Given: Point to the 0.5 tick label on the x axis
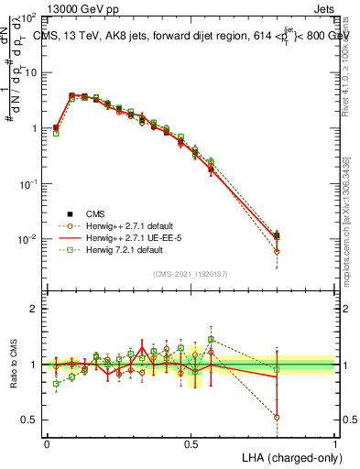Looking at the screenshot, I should (x=191, y=443).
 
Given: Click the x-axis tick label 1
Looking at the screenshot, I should (x=335, y=443).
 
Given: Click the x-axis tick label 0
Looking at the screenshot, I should (x=47, y=443).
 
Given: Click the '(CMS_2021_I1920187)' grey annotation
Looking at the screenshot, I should (x=191, y=273).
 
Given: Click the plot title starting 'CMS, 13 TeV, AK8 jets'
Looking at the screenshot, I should (x=191, y=36).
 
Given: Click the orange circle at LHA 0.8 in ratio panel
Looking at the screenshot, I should (x=277, y=417).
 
